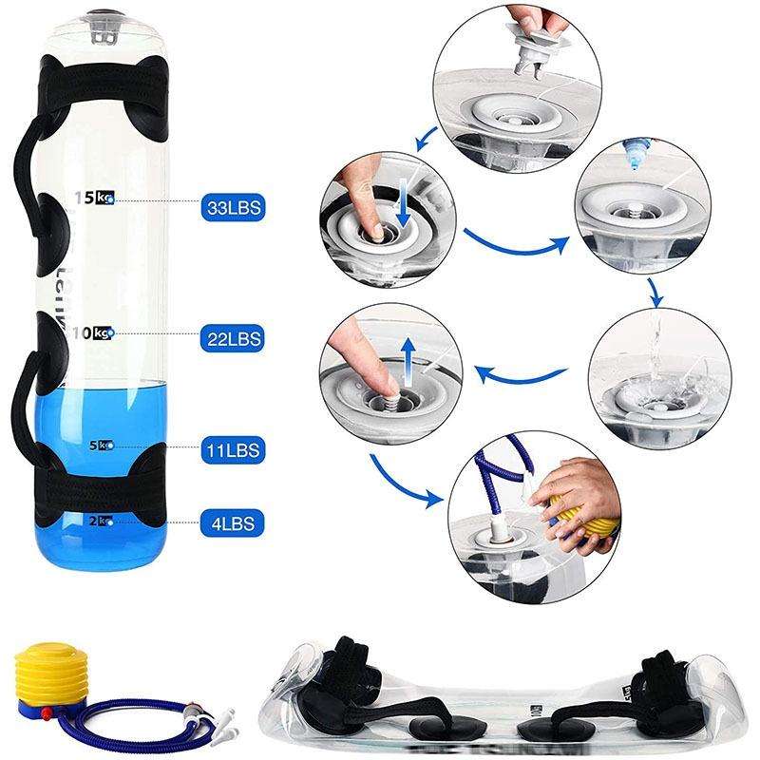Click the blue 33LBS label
click(x=231, y=204)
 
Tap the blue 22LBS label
click(x=231, y=336)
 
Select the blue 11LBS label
click(x=231, y=447)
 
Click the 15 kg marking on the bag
click(x=96, y=198)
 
